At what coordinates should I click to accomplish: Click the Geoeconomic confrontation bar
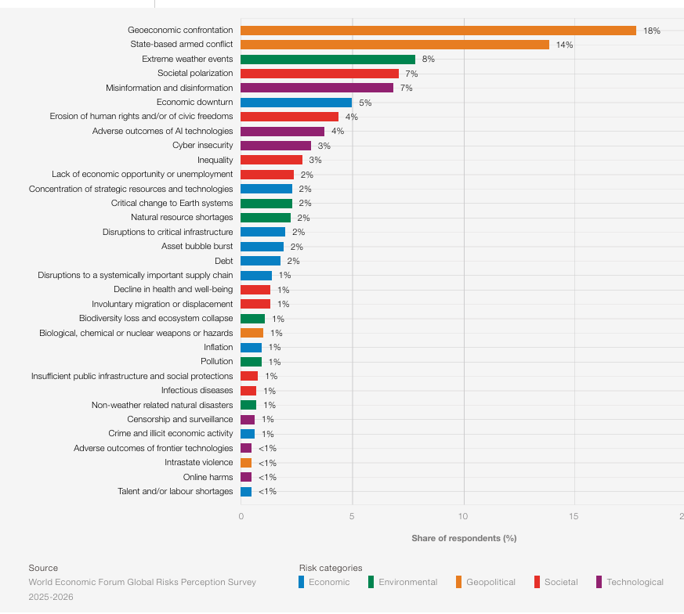[438, 31]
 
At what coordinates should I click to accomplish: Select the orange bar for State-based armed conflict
[395, 45]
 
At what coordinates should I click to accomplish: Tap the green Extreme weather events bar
[328, 60]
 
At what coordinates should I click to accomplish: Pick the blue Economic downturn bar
[296, 103]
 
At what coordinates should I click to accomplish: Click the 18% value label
[652, 31]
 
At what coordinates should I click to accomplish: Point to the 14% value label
[564, 45]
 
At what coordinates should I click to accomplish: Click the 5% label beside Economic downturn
[365, 103]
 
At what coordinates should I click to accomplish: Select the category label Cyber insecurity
[202, 146]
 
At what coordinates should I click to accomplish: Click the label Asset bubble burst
[197, 247]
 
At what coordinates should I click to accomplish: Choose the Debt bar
[260, 261]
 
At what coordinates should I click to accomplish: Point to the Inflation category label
[218, 347]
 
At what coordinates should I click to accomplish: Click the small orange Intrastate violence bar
[246, 463]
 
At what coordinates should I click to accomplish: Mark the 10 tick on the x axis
[463, 516]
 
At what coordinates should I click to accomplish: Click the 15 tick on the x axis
[574, 516]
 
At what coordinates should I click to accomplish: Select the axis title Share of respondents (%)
[464, 538]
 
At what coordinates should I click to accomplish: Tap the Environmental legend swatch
[371, 582]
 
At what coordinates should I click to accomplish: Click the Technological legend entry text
[635, 582]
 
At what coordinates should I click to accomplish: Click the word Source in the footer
[43, 568]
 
